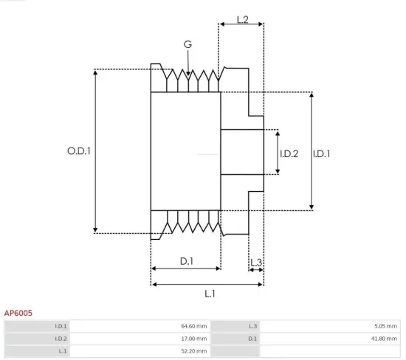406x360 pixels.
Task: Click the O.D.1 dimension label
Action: [79, 150]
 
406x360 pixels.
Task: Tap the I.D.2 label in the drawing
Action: [289, 153]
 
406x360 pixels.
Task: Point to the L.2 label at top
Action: [242, 19]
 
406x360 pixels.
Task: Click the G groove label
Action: [187, 46]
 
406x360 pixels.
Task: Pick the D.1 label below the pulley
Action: [187, 261]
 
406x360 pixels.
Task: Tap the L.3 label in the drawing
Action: [255, 262]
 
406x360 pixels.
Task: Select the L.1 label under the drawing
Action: [210, 293]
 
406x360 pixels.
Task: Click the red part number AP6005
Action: [18, 313]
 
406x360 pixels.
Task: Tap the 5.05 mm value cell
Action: [385, 326]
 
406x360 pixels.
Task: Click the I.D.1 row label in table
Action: [61, 326]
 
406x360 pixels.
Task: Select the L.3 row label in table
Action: [251, 326]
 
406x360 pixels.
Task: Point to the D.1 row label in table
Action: [252, 339]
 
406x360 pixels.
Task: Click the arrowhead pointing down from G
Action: [190, 74]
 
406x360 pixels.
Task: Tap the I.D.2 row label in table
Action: [61, 339]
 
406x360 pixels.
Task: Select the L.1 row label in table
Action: [62, 351]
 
